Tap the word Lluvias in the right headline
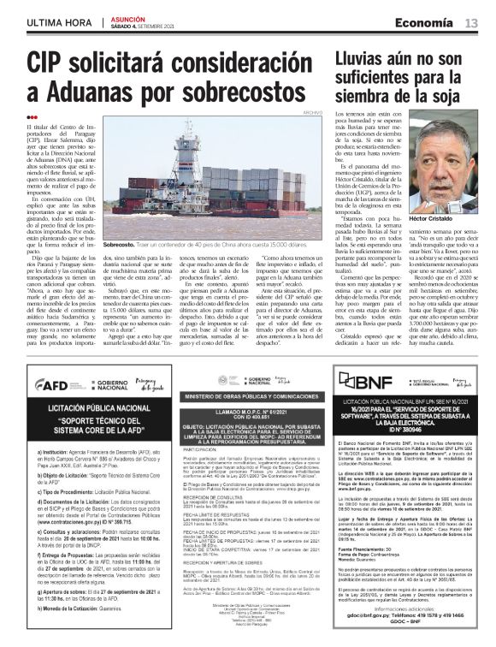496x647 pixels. [x=363, y=58]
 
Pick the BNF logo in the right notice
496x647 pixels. [x=365, y=358]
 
